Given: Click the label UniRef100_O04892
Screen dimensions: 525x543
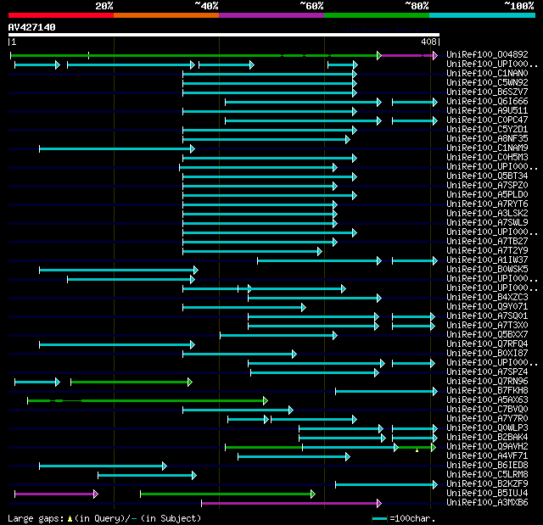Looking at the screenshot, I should coord(487,55).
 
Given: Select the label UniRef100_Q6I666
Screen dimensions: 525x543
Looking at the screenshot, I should coord(487,102).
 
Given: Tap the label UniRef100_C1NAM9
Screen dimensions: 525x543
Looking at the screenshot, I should coord(487,148).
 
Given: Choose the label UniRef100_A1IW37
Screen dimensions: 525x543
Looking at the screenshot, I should coord(487,260).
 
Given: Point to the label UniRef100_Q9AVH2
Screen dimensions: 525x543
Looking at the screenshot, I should coord(487,447).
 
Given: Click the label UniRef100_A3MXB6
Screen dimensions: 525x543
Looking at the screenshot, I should coord(487,503).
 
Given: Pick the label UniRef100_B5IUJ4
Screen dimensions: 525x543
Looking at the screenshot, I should coord(487,494).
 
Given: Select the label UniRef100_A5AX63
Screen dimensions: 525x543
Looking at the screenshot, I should coord(487,400).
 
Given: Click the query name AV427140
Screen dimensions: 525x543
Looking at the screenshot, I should coord(31,27).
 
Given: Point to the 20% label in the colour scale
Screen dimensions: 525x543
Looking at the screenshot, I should coord(104,6).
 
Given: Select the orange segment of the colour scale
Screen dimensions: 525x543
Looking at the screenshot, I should coord(165,14).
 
